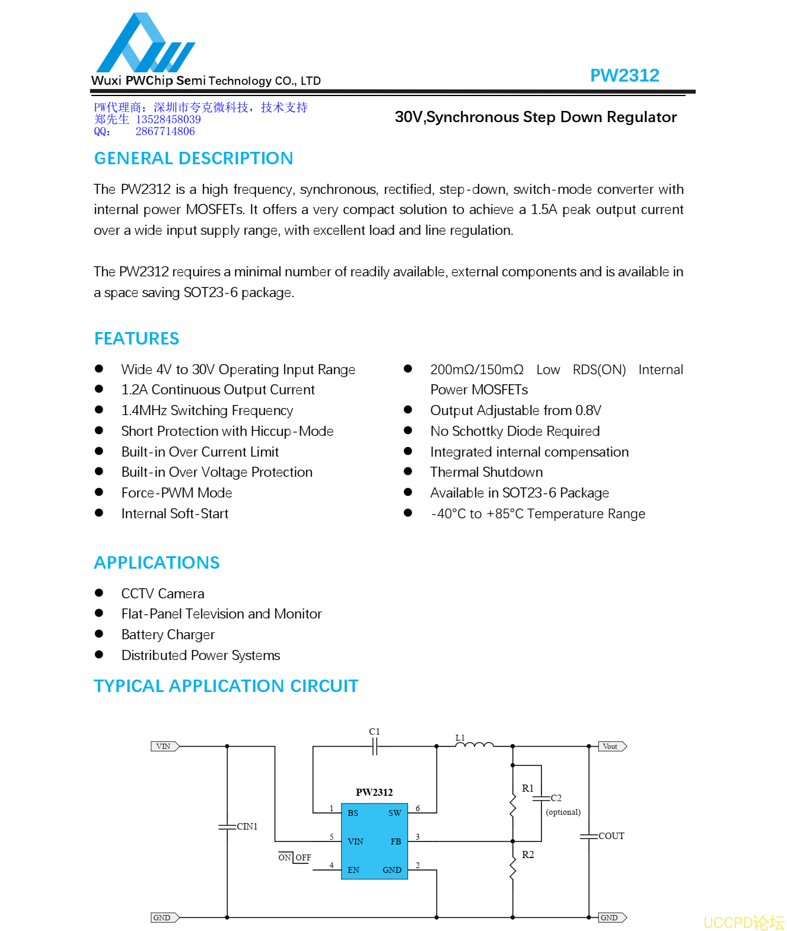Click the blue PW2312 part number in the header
click(x=624, y=75)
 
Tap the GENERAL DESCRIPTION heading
click(x=194, y=158)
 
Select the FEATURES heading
click(x=136, y=338)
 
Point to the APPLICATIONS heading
click(x=157, y=563)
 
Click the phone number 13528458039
click(x=168, y=119)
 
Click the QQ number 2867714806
click(x=165, y=132)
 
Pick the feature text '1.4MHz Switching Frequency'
click(x=207, y=410)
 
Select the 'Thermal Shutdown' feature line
click(x=486, y=472)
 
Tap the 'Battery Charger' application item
click(x=168, y=635)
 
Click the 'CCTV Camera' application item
click(x=163, y=594)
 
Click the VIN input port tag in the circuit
click(x=165, y=747)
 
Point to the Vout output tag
click(x=612, y=747)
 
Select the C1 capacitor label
click(x=374, y=731)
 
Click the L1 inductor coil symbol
click(x=474, y=745)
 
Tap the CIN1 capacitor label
click(x=247, y=827)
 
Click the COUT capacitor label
click(x=611, y=836)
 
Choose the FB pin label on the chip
click(x=396, y=841)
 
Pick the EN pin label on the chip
click(x=353, y=870)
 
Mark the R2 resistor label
click(x=527, y=855)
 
